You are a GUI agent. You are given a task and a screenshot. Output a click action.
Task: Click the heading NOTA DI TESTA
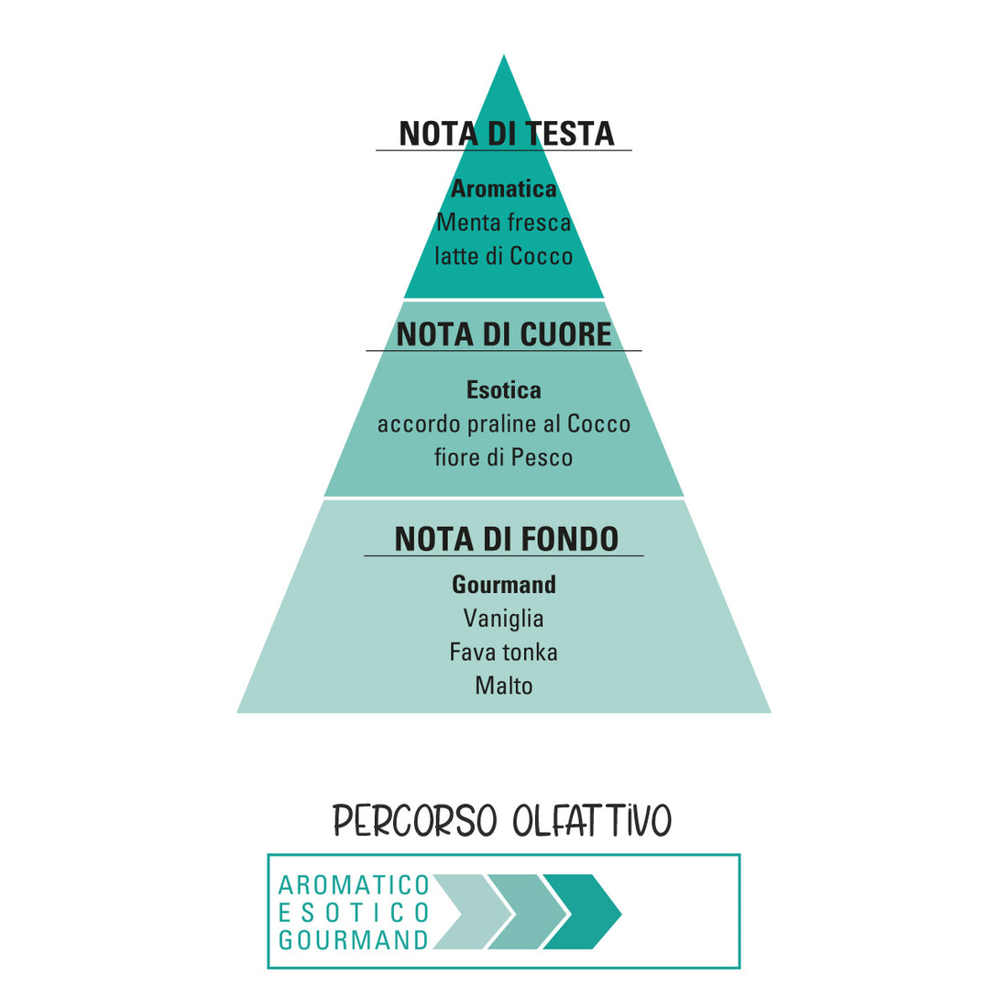pyautogui.click(x=507, y=134)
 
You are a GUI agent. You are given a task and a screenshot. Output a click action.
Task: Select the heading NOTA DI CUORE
pyautogui.click(x=504, y=334)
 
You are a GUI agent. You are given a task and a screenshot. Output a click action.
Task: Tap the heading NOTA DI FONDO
pyautogui.click(x=507, y=539)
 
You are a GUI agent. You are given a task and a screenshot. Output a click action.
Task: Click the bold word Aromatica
pyautogui.click(x=504, y=189)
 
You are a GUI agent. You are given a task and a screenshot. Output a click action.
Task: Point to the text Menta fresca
pyautogui.click(x=504, y=223)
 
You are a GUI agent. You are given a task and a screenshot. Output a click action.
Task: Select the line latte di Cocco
pyautogui.click(x=504, y=256)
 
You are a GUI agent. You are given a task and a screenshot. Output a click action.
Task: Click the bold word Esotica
pyautogui.click(x=504, y=390)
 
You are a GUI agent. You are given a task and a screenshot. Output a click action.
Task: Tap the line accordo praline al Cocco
pyautogui.click(x=504, y=424)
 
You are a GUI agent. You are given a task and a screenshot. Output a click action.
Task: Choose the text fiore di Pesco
pyautogui.click(x=504, y=457)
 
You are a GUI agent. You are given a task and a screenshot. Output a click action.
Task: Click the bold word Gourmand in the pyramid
pyautogui.click(x=504, y=585)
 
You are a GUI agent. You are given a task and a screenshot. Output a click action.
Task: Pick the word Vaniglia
pyautogui.click(x=504, y=619)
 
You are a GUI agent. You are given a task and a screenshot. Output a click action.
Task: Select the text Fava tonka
pyautogui.click(x=504, y=652)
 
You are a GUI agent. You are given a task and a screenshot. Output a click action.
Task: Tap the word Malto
pyautogui.click(x=504, y=686)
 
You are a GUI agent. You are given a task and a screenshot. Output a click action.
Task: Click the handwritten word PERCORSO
pyautogui.click(x=415, y=820)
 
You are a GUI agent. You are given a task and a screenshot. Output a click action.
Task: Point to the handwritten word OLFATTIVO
pyautogui.click(x=592, y=820)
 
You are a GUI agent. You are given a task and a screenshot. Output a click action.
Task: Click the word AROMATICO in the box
pyautogui.click(x=354, y=885)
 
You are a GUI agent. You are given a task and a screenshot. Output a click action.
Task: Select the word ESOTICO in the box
pyautogui.click(x=354, y=912)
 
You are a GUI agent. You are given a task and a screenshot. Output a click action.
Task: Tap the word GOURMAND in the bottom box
pyautogui.click(x=354, y=940)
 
